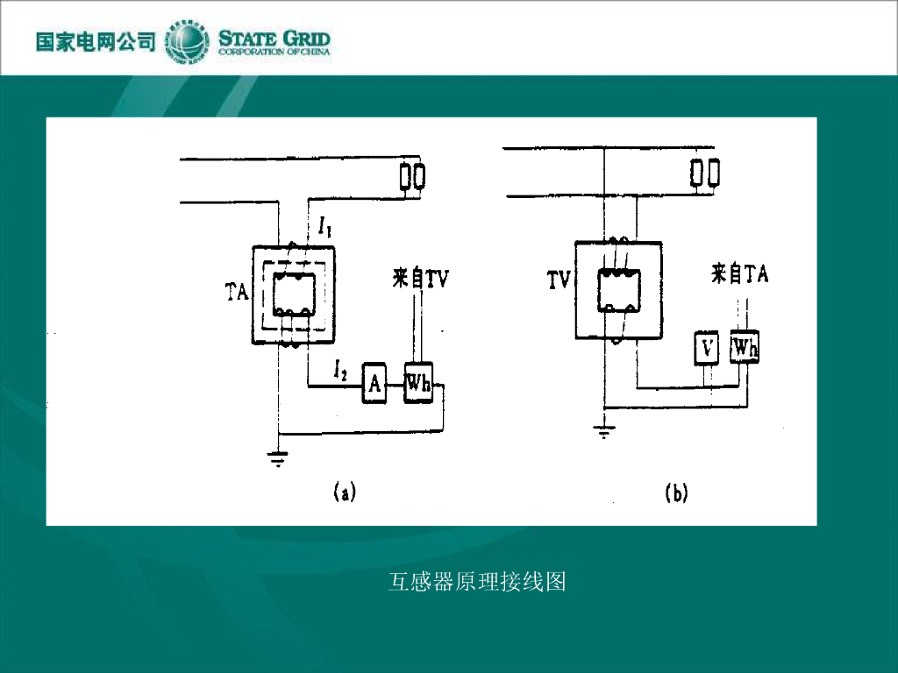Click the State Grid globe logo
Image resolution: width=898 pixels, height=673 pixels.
point(187,40)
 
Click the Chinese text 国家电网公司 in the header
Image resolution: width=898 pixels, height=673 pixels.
point(96,41)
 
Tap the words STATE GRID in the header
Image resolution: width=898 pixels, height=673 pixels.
point(274,38)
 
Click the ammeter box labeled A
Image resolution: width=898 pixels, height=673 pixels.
point(374,382)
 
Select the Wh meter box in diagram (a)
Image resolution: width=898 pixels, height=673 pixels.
point(418,382)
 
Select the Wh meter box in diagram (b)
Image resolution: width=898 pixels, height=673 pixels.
point(745,348)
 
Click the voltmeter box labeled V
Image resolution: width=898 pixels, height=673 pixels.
point(707,348)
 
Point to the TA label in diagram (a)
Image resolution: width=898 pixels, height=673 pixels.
point(237,293)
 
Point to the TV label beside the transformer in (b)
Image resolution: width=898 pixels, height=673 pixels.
point(559,280)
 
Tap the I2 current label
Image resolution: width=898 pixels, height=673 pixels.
point(341,371)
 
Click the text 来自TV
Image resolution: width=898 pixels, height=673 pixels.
point(421,279)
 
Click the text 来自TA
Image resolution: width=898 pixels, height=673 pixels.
point(739,274)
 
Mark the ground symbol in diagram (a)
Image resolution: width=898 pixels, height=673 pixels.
point(278,457)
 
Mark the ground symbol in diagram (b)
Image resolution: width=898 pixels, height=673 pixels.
point(604,430)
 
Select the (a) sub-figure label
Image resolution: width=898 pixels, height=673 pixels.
point(344,492)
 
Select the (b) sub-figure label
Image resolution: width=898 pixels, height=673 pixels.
point(675,492)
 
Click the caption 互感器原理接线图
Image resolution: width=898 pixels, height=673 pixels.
point(477,581)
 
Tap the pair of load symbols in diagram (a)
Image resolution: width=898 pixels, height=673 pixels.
point(412,176)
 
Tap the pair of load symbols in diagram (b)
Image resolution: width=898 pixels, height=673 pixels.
point(705,173)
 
